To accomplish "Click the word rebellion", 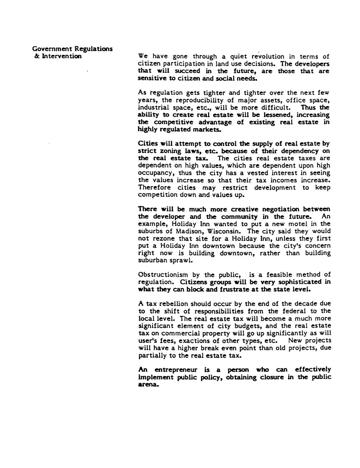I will (170, 304).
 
